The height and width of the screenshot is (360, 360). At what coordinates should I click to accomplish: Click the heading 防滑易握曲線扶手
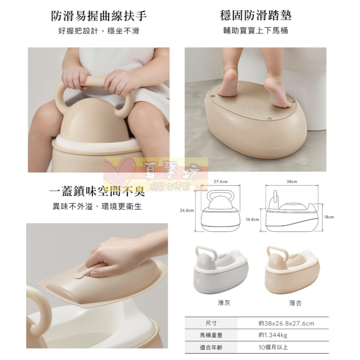99,16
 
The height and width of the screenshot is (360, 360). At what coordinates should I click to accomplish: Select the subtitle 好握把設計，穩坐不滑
99,31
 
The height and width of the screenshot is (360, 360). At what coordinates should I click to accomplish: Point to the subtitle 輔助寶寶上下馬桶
256,31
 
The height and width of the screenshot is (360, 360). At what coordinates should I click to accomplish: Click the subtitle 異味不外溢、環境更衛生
97,207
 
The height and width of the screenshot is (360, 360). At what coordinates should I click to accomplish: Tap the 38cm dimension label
292,182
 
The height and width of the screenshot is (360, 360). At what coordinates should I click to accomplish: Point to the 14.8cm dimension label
252,219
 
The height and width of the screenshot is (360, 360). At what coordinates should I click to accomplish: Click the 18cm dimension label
329,217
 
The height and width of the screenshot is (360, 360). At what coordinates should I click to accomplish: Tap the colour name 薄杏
295,303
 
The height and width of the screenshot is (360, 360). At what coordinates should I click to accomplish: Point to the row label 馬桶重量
211,336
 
